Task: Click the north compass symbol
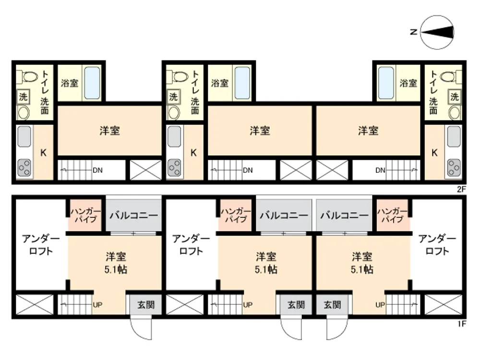click(437, 32)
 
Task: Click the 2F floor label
click(462, 189)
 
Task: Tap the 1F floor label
click(462, 323)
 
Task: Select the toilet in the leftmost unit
click(26, 76)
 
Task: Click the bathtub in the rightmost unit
click(386, 83)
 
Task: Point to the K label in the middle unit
click(193, 153)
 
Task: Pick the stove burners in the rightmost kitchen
click(454, 168)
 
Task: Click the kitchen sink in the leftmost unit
click(24, 136)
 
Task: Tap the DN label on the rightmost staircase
click(380, 170)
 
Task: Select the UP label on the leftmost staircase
click(97, 305)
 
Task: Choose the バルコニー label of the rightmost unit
click(344, 215)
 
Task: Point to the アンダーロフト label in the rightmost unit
click(437, 245)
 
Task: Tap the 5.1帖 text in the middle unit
click(266, 269)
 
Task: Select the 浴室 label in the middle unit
click(220, 83)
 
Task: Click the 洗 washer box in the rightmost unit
click(455, 97)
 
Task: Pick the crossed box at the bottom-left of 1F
click(35, 305)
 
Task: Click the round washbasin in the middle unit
click(174, 113)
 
